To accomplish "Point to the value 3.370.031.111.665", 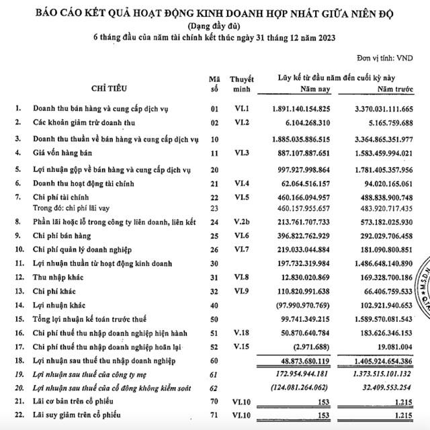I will pos(385,109).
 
